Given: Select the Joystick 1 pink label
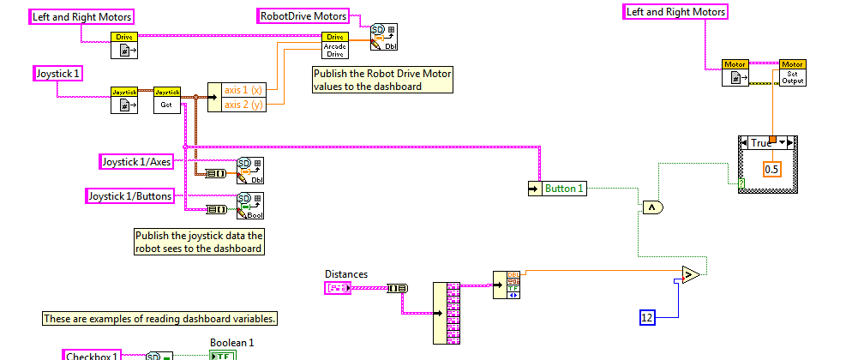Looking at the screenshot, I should click(58, 74).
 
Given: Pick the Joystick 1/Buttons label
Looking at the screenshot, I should click(130, 196).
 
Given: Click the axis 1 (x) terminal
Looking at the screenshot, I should click(243, 90).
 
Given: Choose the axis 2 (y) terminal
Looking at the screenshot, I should click(243, 105).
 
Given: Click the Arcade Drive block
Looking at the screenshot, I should click(335, 45).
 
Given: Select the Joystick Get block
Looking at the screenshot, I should click(166, 99).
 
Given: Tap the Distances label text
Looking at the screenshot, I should click(346, 274).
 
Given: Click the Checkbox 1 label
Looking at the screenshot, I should click(93, 355).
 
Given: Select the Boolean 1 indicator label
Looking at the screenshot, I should click(231, 343).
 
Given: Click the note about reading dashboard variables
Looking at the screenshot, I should click(161, 319).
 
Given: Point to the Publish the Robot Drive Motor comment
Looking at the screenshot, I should click(382, 80).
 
